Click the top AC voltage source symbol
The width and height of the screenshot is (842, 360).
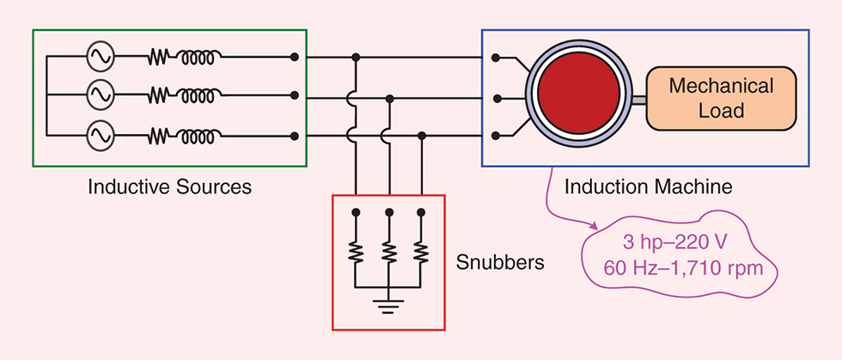[x=100, y=57]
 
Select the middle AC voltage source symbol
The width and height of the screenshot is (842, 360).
[x=100, y=95]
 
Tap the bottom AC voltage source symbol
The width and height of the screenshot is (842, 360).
[x=100, y=135]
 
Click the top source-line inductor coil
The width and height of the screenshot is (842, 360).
[x=199, y=57]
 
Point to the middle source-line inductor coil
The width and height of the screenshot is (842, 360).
[x=199, y=95]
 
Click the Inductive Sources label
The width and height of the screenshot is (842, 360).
[x=169, y=186]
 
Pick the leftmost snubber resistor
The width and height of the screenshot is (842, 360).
[x=356, y=251]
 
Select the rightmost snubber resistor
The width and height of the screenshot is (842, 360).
[x=421, y=251]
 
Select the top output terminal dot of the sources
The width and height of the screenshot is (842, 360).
[x=295, y=57]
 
